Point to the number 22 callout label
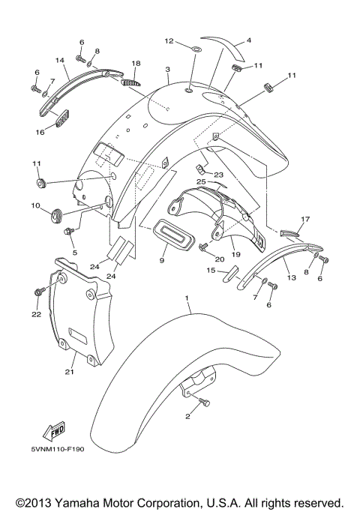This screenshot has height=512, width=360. pyautogui.click(x=35, y=315)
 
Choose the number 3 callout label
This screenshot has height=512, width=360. pyautogui.click(x=167, y=69)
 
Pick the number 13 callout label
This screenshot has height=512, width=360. pyautogui.click(x=291, y=277)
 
